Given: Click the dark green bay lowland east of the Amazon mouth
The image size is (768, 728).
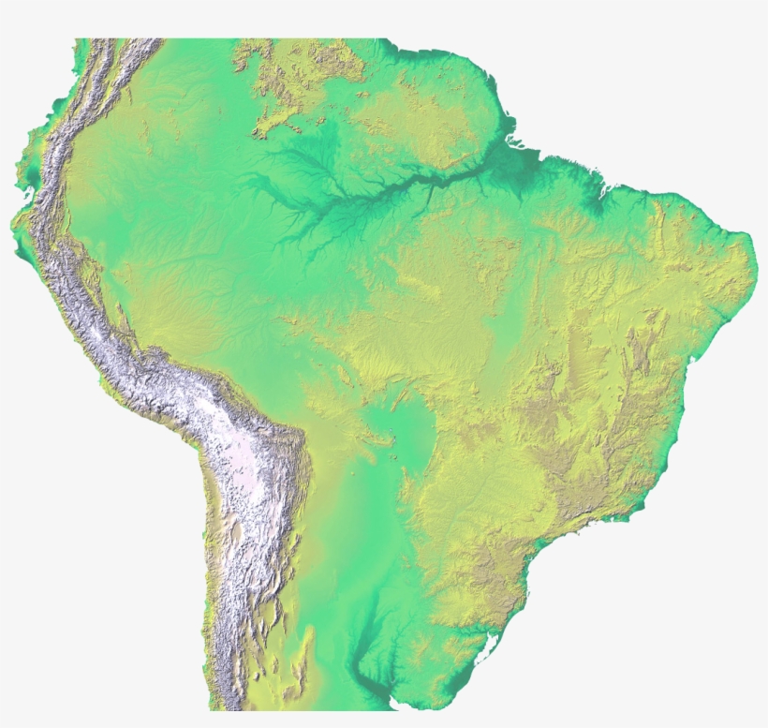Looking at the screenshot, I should [x=594, y=192].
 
